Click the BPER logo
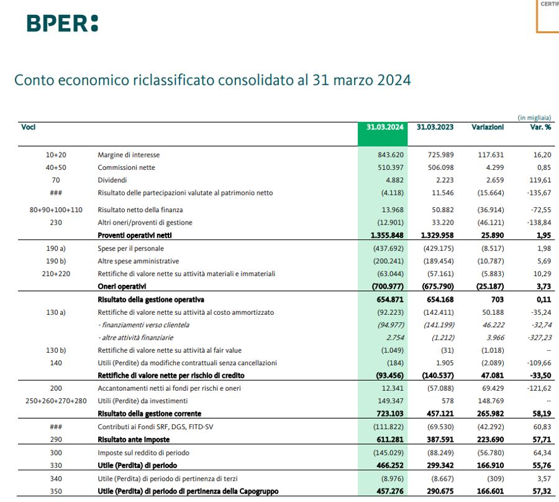62,23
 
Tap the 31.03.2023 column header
435,127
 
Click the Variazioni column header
488,127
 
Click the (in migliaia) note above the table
534,117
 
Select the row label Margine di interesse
129,155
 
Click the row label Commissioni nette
126,167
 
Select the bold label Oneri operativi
122,286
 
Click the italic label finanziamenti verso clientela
143,325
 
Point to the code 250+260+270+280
56,401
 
